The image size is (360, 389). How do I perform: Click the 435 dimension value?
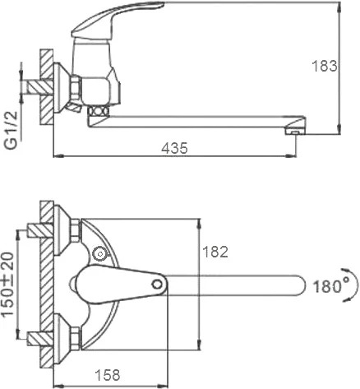(174, 148)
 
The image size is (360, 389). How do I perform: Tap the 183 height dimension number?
(325, 66)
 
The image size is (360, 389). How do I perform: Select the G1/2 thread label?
(12, 130)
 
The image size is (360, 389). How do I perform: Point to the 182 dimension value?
(215, 252)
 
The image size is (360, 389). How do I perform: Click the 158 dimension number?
(108, 375)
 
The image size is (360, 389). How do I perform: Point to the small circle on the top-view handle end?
(157, 285)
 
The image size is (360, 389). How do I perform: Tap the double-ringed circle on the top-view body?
(99, 254)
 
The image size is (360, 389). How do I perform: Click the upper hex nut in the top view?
(76, 230)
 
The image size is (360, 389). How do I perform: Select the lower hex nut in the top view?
(76, 338)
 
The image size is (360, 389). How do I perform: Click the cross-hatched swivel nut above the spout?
(98, 112)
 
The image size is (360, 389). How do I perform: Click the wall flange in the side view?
(60, 87)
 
